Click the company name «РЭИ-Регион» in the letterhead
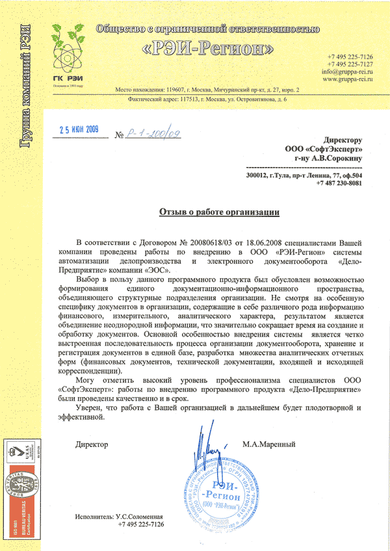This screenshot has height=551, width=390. coord(207,49)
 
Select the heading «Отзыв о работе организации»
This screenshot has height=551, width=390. coord(220,212)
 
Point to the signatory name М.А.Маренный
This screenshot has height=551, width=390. coord(269,445)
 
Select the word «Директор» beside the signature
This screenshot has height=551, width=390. coord(92,445)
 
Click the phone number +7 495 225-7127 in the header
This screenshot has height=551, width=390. coord(350,64)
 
